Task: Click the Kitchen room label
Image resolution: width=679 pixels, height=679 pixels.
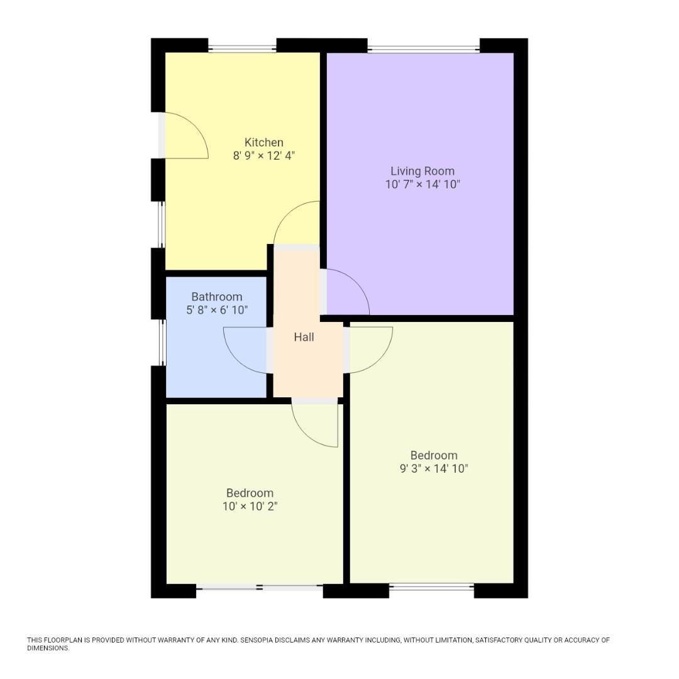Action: (263, 142)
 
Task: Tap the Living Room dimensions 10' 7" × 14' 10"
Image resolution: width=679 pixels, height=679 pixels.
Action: (422, 184)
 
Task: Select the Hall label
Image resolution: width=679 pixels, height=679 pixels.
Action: (304, 337)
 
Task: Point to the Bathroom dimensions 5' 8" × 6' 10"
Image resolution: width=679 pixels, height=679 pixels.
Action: (217, 310)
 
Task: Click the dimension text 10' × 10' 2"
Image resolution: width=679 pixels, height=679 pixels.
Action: (250, 506)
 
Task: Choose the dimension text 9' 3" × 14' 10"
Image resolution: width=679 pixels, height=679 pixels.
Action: (434, 468)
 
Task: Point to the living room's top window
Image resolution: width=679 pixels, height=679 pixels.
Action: (424, 48)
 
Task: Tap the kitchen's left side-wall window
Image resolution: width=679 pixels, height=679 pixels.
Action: (162, 224)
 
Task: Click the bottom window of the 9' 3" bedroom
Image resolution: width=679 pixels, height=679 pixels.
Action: (431, 587)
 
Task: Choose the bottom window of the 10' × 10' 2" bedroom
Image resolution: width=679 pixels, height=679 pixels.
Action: (260, 588)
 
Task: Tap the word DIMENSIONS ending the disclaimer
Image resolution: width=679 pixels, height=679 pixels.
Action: (48, 648)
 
